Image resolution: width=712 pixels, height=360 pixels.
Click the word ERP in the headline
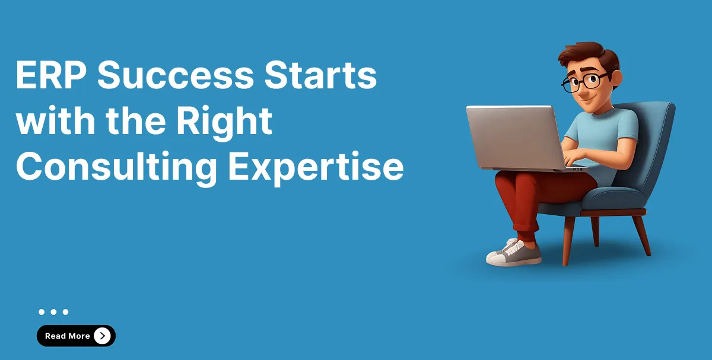point(51,75)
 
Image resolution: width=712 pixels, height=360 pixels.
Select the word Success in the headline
point(176,75)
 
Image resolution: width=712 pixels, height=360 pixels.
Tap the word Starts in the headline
point(320,75)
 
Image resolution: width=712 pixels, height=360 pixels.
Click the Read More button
point(76,336)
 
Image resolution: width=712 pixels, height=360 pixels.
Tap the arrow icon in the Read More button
point(102,336)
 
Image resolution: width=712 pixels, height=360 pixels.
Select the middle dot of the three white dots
point(53,312)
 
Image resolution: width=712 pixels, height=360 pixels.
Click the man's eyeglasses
point(584,82)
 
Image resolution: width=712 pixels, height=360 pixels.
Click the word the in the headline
point(136,121)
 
